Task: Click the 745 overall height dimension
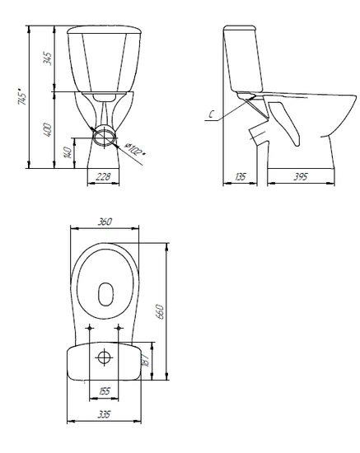pos(22,96)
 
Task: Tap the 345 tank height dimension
pos(48,58)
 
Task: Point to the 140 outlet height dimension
pos(68,152)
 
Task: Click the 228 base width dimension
pos(103,176)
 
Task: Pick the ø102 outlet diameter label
pos(134,149)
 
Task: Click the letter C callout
pos(211,114)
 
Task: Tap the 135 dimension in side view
pos(240,176)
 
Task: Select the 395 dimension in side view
pos(301,176)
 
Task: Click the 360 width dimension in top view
pos(105,222)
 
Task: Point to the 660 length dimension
pos(160,311)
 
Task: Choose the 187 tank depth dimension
pos(146,361)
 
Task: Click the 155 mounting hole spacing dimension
pos(105,391)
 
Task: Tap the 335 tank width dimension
pos(104,414)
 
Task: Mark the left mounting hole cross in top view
pos(90,328)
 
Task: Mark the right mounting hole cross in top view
pos(119,328)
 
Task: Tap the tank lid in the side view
pos(240,28)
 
